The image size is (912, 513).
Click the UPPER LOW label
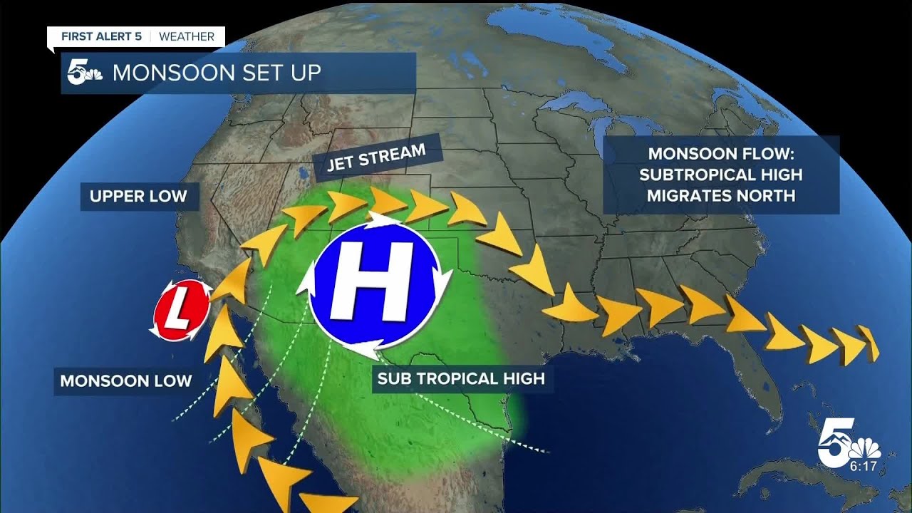click(x=138, y=196)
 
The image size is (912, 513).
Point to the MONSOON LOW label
click(x=125, y=380)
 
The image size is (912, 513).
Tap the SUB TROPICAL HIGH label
click(x=460, y=378)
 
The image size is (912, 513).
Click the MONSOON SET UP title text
click(x=217, y=73)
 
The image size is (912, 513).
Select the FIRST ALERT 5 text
click(x=100, y=36)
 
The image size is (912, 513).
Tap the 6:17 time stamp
click(x=864, y=467)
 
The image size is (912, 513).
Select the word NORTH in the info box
click(x=763, y=195)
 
